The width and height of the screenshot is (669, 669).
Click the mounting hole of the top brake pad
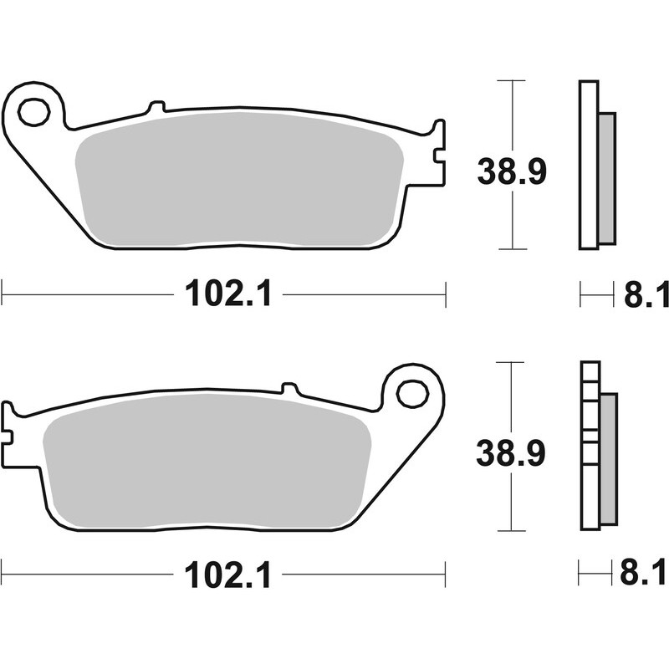[x=33, y=111]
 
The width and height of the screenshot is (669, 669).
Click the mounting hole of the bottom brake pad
[x=411, y=392]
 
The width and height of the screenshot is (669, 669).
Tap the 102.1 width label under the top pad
[x=228, y=294]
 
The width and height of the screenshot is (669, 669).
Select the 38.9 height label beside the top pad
[x=511, y=172]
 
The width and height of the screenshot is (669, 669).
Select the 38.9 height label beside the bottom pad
[x=511, y=453]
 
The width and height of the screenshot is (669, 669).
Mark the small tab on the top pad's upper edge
[x=155, y=107]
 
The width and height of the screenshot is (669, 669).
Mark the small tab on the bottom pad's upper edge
[x=289, y=388]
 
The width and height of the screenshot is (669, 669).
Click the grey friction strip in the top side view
[x=607, y=178]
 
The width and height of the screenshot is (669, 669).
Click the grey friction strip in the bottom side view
[x=608, y=460]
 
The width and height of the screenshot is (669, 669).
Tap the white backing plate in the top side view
[x=588, y=165]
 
